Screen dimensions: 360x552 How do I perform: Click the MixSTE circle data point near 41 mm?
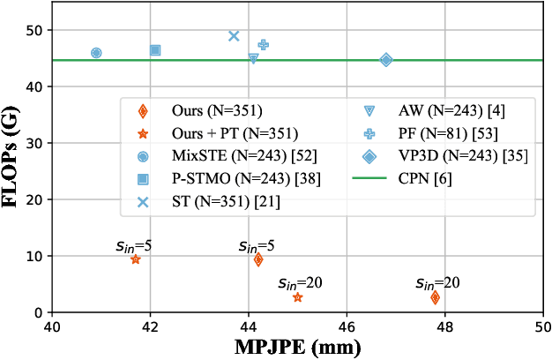96,53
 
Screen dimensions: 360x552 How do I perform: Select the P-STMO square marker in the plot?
155,50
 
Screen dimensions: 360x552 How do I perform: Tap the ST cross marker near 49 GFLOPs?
234,36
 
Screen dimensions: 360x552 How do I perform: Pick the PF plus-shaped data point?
263,44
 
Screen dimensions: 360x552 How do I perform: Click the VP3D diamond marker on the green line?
386,60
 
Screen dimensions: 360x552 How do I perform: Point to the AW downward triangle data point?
253,58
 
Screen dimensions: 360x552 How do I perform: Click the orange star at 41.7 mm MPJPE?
135,259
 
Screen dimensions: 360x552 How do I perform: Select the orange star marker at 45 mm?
297,297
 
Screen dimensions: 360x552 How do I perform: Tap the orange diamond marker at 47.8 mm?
435,297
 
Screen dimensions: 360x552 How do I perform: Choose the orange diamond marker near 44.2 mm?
258,259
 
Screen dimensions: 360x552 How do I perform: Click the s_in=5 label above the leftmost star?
135,246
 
